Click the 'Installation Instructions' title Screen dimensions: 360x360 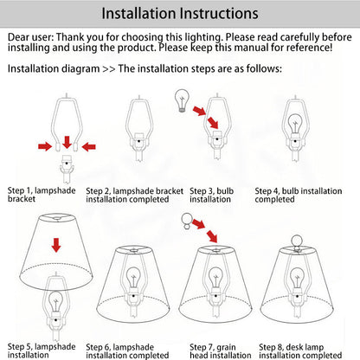point(180,14)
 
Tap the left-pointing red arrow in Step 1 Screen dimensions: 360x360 point(88,147)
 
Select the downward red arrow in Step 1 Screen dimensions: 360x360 point(67,142)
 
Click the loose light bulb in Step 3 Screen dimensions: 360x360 point(182,100)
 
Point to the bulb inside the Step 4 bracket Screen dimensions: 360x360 point(295,123)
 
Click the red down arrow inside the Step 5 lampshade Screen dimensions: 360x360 point(56,245)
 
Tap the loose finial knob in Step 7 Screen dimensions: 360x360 point(187,221)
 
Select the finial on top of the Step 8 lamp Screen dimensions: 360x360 point(297,242)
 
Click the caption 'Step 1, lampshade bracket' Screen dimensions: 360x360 point(42,195)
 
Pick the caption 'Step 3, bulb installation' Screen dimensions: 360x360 point(211,195)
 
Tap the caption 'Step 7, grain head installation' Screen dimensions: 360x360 point(221,351)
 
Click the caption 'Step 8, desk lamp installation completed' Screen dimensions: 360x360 point(300,351)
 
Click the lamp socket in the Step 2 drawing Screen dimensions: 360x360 point(139,141)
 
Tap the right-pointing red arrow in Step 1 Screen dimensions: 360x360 point(45,146)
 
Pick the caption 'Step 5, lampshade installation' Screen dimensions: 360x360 point(42,350)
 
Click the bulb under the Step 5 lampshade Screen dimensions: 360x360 point(55,302)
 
